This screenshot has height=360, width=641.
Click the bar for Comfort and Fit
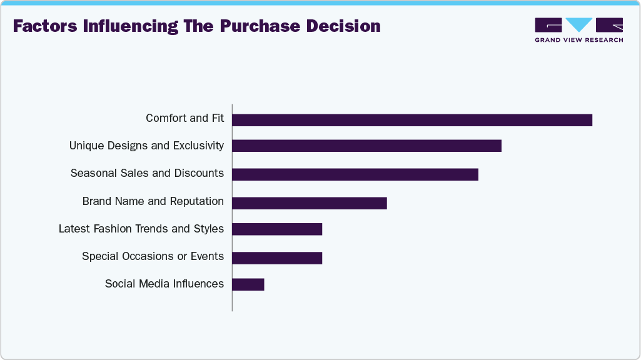[x=412, y=120]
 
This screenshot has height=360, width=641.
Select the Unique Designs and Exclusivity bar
[x=366, y=146]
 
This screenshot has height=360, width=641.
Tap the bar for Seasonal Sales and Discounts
[x=355, y=174]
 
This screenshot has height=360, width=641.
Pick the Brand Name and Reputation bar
[x=310, y=203]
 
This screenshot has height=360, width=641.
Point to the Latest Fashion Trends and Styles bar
[x=277, y=229]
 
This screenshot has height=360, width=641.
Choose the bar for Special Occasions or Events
[x=277, y=258]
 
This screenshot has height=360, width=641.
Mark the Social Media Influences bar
[x=248, y=284]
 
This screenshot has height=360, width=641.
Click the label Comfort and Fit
[x=184, y=118]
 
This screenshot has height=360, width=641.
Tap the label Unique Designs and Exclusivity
[x=146, y=146]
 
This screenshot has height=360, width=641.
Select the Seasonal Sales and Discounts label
[x=147, y=173]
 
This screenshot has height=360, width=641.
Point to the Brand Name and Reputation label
[x=153, y=201]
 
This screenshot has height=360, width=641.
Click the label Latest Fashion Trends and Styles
[x=141, y=229]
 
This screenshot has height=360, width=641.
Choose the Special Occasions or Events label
[x=153, y=256]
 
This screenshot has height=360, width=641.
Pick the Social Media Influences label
[x=164, y=284]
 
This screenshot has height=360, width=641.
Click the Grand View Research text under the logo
[x=578, y=40]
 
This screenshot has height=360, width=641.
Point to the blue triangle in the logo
[x=579, y=25]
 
